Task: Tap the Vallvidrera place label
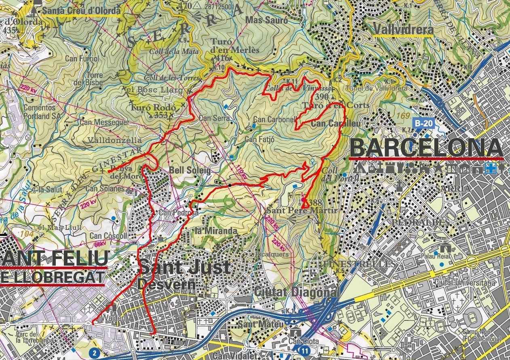click(403, 29)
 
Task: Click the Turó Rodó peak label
click(153, 108)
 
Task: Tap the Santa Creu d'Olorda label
click(81, 10)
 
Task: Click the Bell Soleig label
click(190, 171)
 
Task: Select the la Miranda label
click(210, 231)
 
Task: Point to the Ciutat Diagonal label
click(295, 292)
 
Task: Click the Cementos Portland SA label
click(40, 111)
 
